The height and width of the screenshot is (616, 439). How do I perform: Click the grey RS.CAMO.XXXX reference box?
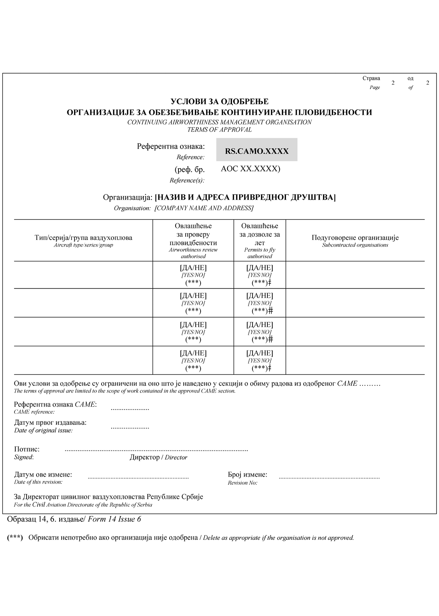point(257,150)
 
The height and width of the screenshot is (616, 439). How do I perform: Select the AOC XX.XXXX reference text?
point(250,169)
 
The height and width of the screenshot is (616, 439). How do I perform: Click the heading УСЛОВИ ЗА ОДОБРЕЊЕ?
point(219,102)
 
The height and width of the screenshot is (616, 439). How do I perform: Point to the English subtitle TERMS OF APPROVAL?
point(219,130)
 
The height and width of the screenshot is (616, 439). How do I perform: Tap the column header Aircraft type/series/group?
point(83,245)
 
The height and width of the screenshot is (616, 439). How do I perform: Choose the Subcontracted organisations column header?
point(355,245)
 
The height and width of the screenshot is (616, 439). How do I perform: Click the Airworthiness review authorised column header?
point(193,253)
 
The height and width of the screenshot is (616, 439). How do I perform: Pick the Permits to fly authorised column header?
point(260,253)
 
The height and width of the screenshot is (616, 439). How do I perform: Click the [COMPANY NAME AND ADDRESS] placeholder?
point(204,208)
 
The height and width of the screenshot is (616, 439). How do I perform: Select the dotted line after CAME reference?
point(130,409)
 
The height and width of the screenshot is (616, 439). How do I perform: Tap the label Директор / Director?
point(158,457)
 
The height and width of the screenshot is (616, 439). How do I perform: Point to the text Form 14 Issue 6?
point(114,519)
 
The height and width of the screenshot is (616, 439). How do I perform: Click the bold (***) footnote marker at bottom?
point(15,538)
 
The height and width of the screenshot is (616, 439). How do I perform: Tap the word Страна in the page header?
point(371,79)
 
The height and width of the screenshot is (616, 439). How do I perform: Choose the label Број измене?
point(247,475)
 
